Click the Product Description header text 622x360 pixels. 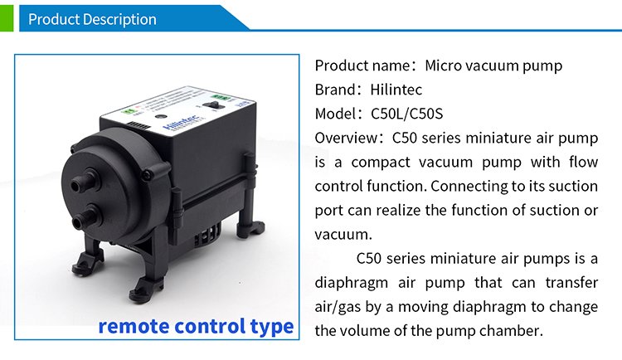(x=92, y=19)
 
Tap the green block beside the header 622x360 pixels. (x=7, y=18)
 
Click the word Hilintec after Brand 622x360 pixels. (x=396, y=90)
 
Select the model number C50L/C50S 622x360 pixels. (x=406, y=114)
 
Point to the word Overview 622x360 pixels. (x=347, y=139)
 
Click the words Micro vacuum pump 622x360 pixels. (x=493, y=66)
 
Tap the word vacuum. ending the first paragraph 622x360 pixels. (x=343, y=235)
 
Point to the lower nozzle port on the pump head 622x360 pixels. (x=85, y=216)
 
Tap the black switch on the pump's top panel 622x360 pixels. (x=212, y=105)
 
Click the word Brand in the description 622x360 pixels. (x=336, y=90)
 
